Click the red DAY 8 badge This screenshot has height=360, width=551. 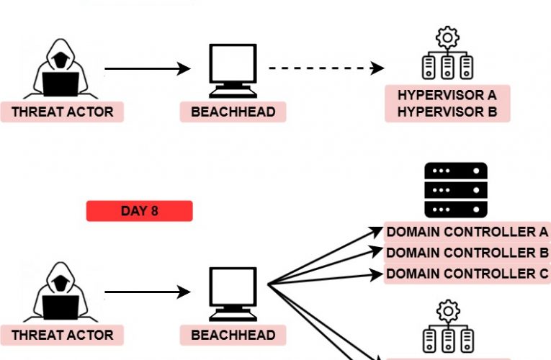click(x=139, y=211)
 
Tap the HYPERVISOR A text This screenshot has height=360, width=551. click(x=447, y=95)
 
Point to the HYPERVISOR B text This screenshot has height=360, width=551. click(x=447, y=112)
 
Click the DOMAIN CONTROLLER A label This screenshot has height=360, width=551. click(x=467, y=232)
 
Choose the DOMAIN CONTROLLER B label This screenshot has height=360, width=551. click(x=467, y=253)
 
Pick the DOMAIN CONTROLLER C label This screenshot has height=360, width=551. click(x=467, y=274)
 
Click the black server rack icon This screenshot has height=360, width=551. click(x=456, y=190)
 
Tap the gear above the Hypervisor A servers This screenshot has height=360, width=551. click(x=448, y=36)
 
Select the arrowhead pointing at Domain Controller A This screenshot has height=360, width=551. click(x=376, y=231)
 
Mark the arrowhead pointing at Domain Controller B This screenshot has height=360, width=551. click(x=376, y=252)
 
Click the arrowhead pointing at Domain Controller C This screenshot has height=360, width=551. click(x=376, y=274)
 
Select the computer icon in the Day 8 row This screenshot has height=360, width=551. click(x=233, y=293)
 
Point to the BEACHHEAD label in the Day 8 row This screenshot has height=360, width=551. click(x=233, y=335)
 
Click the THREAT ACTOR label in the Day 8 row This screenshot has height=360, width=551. click(x=62, y=335)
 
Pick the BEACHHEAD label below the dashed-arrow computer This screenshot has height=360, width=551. click(x=233, y=112)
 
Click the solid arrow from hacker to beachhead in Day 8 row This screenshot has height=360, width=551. click(x=147, y=293)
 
